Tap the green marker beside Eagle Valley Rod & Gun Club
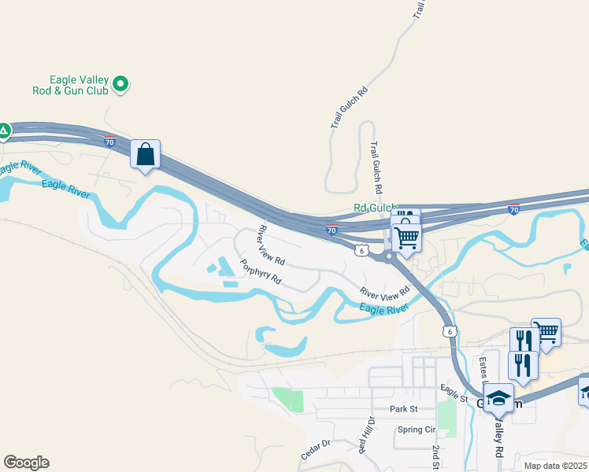pyautogui.click(x=120, y=83)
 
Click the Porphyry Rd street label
pyautogui.click(x=262, y=272)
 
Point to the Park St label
pyautogui.click(x=402, y=409)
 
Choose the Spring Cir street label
pyautogui.click(x=416, y=430)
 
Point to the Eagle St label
pyautogui.click(x=454, y=393)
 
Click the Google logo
pyautogui.click(x=26, y=463)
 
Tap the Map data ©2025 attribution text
pyautogui.click(x=556, y=466)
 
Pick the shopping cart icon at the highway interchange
pyautogui.click(x=406, y=237)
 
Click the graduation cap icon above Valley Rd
pyautogui.click(x=498, y=398)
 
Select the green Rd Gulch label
pyautogui.click(x=375, y=208)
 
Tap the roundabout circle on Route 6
pyautogui.click(x=389, y=256)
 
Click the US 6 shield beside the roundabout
pyautogui.click(x=361, y=250)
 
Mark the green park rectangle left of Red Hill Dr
pyautogui.click(x=287, y=399)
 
